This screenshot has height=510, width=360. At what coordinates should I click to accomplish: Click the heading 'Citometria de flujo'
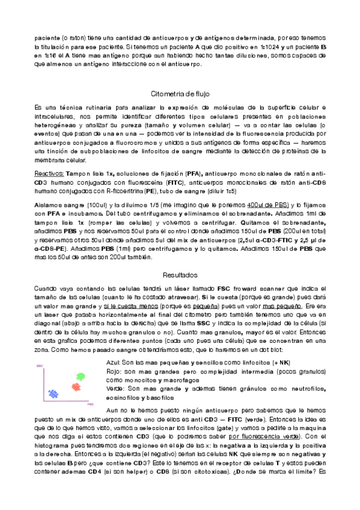[180, 94]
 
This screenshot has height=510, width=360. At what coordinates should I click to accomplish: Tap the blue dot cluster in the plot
[53, 395]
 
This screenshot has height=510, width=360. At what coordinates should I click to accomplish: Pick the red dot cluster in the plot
[76, 387]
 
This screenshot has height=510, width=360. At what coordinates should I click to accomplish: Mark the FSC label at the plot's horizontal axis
[90, 406]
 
